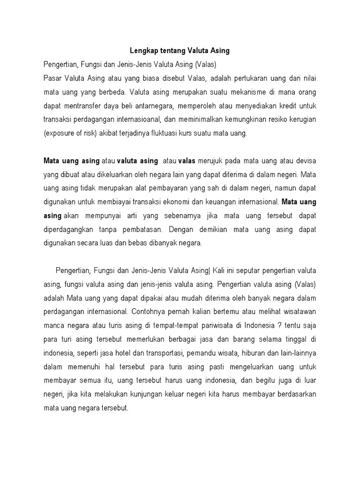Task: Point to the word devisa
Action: click(x=305, y=161)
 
